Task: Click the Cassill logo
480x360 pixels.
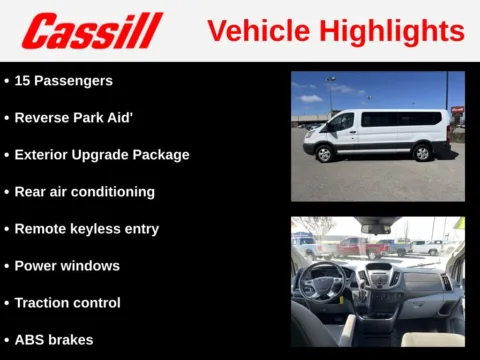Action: coord(92,31)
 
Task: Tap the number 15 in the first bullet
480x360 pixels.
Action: coord(23,80)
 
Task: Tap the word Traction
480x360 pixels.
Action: coord(44,302)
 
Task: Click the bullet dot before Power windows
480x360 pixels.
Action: coord(7,266)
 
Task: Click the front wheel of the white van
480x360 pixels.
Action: coord(324,154)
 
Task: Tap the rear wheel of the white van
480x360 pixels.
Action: coord(422,153)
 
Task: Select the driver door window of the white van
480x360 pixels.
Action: coord(342,121)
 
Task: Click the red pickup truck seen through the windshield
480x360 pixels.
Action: coord(354,246)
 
